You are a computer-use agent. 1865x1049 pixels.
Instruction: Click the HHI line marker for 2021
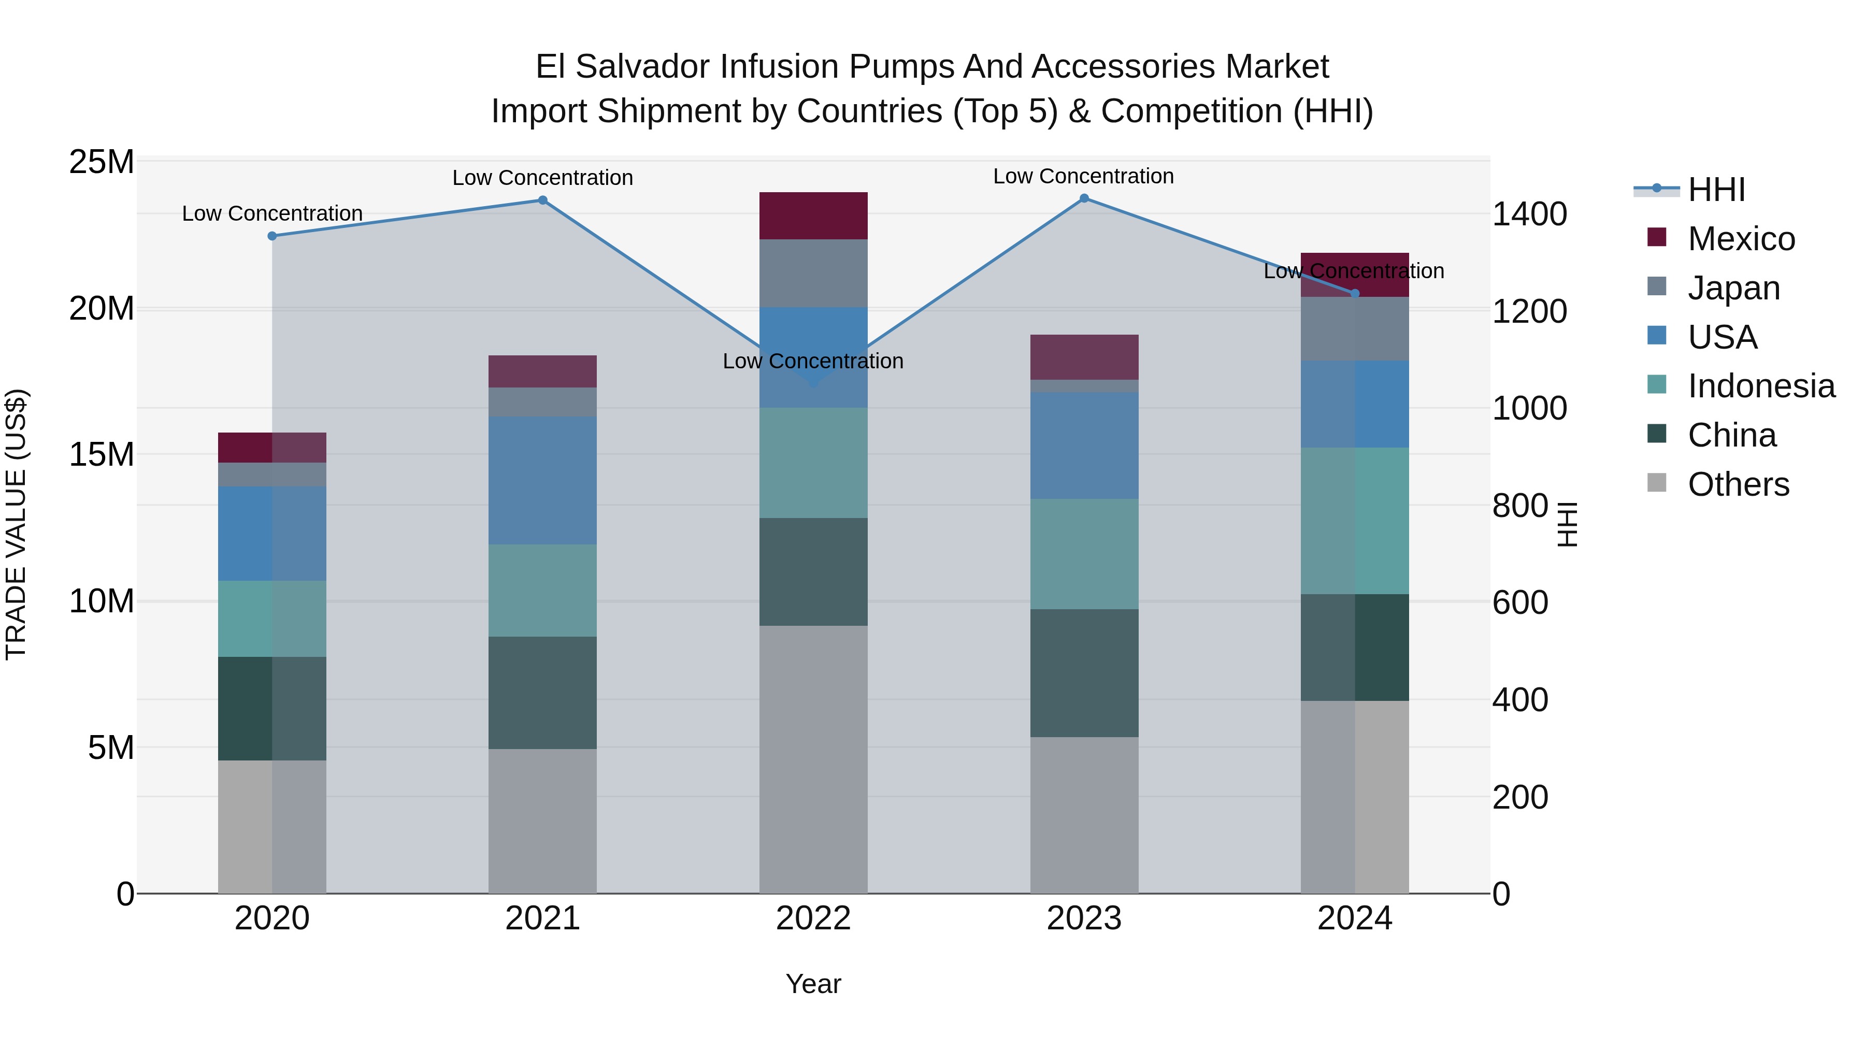pos(542,200)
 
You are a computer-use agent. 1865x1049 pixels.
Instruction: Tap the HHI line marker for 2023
pos(1084,198)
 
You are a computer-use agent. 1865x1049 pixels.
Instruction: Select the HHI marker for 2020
pos(272,236)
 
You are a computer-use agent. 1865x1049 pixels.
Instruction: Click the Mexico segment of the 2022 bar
pos(813,215)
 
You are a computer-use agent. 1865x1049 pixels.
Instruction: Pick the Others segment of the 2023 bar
pos(1084,814)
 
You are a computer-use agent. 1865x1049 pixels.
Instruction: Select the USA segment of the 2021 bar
pos(542,480)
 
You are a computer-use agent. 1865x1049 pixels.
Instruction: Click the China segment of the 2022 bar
pos(813,571)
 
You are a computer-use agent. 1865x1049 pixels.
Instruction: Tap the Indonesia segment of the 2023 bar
pos(1084,554)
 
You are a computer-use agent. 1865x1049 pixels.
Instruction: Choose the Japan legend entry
pos(1733,288)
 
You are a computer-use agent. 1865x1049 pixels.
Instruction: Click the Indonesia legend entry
pos(1761,386)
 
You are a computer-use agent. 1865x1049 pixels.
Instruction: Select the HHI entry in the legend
pos(1716,190)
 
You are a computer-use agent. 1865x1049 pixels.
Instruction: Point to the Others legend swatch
pos(1657,483)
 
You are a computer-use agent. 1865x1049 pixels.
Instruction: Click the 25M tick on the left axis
pos(102,162)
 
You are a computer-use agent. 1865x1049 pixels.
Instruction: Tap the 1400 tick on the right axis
pos(1529,214)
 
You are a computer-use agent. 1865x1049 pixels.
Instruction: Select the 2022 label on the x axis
pos(813,918)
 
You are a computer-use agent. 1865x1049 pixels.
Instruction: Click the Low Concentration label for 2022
pos(813,361)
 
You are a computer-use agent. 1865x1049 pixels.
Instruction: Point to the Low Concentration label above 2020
pos(272,213)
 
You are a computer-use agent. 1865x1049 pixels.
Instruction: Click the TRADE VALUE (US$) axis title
pos(16,524)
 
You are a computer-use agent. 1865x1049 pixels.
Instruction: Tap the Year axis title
pos(813,984)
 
